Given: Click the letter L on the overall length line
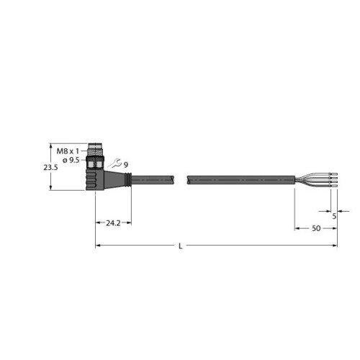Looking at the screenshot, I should pyautogui.click(x=180, y=246).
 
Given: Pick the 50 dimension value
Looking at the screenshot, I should pyautogui.click(x=315, y=228).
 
